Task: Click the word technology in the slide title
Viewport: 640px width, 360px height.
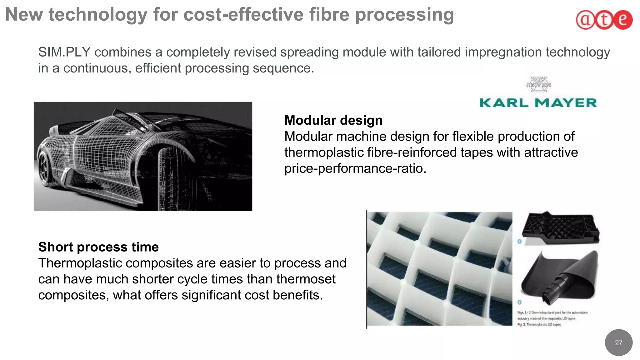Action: [97, 15]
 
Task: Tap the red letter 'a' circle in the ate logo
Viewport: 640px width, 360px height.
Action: [585, 20]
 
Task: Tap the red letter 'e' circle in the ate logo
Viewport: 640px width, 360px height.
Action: [623, 20]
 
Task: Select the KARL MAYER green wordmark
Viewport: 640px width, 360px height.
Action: [538, 103]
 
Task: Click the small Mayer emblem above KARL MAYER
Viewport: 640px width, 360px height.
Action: [538, 84]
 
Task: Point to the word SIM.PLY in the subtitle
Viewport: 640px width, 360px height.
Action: [64, 52]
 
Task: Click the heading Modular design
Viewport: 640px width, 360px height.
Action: [333, 120]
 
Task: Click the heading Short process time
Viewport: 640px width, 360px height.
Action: [98, 247]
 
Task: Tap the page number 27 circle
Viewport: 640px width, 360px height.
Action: [618, 342]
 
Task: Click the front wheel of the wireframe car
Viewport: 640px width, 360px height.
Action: [46, 167]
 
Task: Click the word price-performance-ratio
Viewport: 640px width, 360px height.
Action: [355, 168]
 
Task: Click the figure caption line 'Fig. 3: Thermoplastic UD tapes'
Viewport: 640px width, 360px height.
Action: [539, 325]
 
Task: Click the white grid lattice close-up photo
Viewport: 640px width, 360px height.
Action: [439, 269]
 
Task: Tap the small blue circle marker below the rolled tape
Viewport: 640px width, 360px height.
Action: [519, 302]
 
